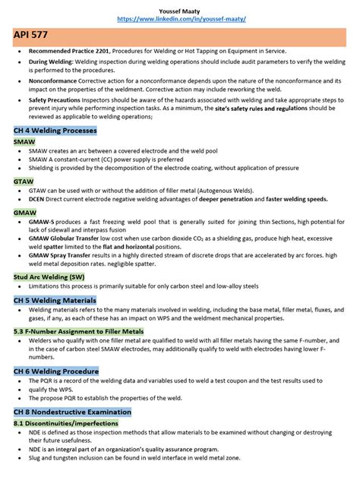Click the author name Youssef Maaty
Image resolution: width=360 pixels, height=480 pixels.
pyautogui.click(x=180, y=7)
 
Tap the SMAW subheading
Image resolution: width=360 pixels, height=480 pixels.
pyautogui.click(x=24, y=142)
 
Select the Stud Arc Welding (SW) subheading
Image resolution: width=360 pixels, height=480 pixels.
pyautogui.click(x=49, y=276)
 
